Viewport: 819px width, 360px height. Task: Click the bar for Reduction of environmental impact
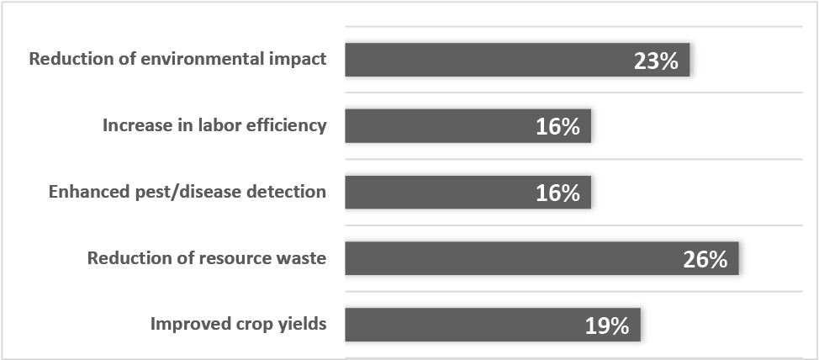tap(517, 60)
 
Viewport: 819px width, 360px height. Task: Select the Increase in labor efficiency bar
tap(468, 126)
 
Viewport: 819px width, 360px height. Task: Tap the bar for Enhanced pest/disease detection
tap(468, 193)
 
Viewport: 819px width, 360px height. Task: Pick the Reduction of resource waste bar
tap(542, 258)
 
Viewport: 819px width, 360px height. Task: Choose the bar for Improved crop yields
tap(493, 325)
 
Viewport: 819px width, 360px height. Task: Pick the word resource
tap(236, 259)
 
